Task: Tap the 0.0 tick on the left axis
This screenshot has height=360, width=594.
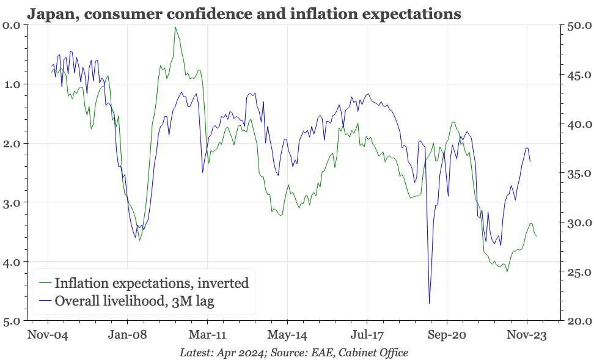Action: (12, 25)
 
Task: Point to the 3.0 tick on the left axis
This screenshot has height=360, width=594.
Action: (12, 202)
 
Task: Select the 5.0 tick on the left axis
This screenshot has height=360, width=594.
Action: (12, 321)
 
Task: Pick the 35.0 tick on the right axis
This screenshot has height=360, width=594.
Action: (578, 174)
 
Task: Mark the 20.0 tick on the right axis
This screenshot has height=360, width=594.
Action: (578, 321)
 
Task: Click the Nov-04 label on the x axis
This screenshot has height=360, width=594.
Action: (48, 335)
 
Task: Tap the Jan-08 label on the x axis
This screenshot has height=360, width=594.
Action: (127, 335)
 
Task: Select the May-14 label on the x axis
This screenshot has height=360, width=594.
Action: (287, 335)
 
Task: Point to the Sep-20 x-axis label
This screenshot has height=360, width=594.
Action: (447, 335)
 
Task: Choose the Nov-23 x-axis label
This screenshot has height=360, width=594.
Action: (527, 335)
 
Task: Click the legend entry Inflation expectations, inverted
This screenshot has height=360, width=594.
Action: (152, 283)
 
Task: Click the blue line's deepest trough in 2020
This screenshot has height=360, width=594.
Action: (430, 303)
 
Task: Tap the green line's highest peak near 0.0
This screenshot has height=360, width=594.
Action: (175, 28)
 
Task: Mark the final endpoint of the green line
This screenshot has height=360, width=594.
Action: (537, 236)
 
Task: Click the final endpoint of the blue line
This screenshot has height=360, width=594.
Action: (530, 161)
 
